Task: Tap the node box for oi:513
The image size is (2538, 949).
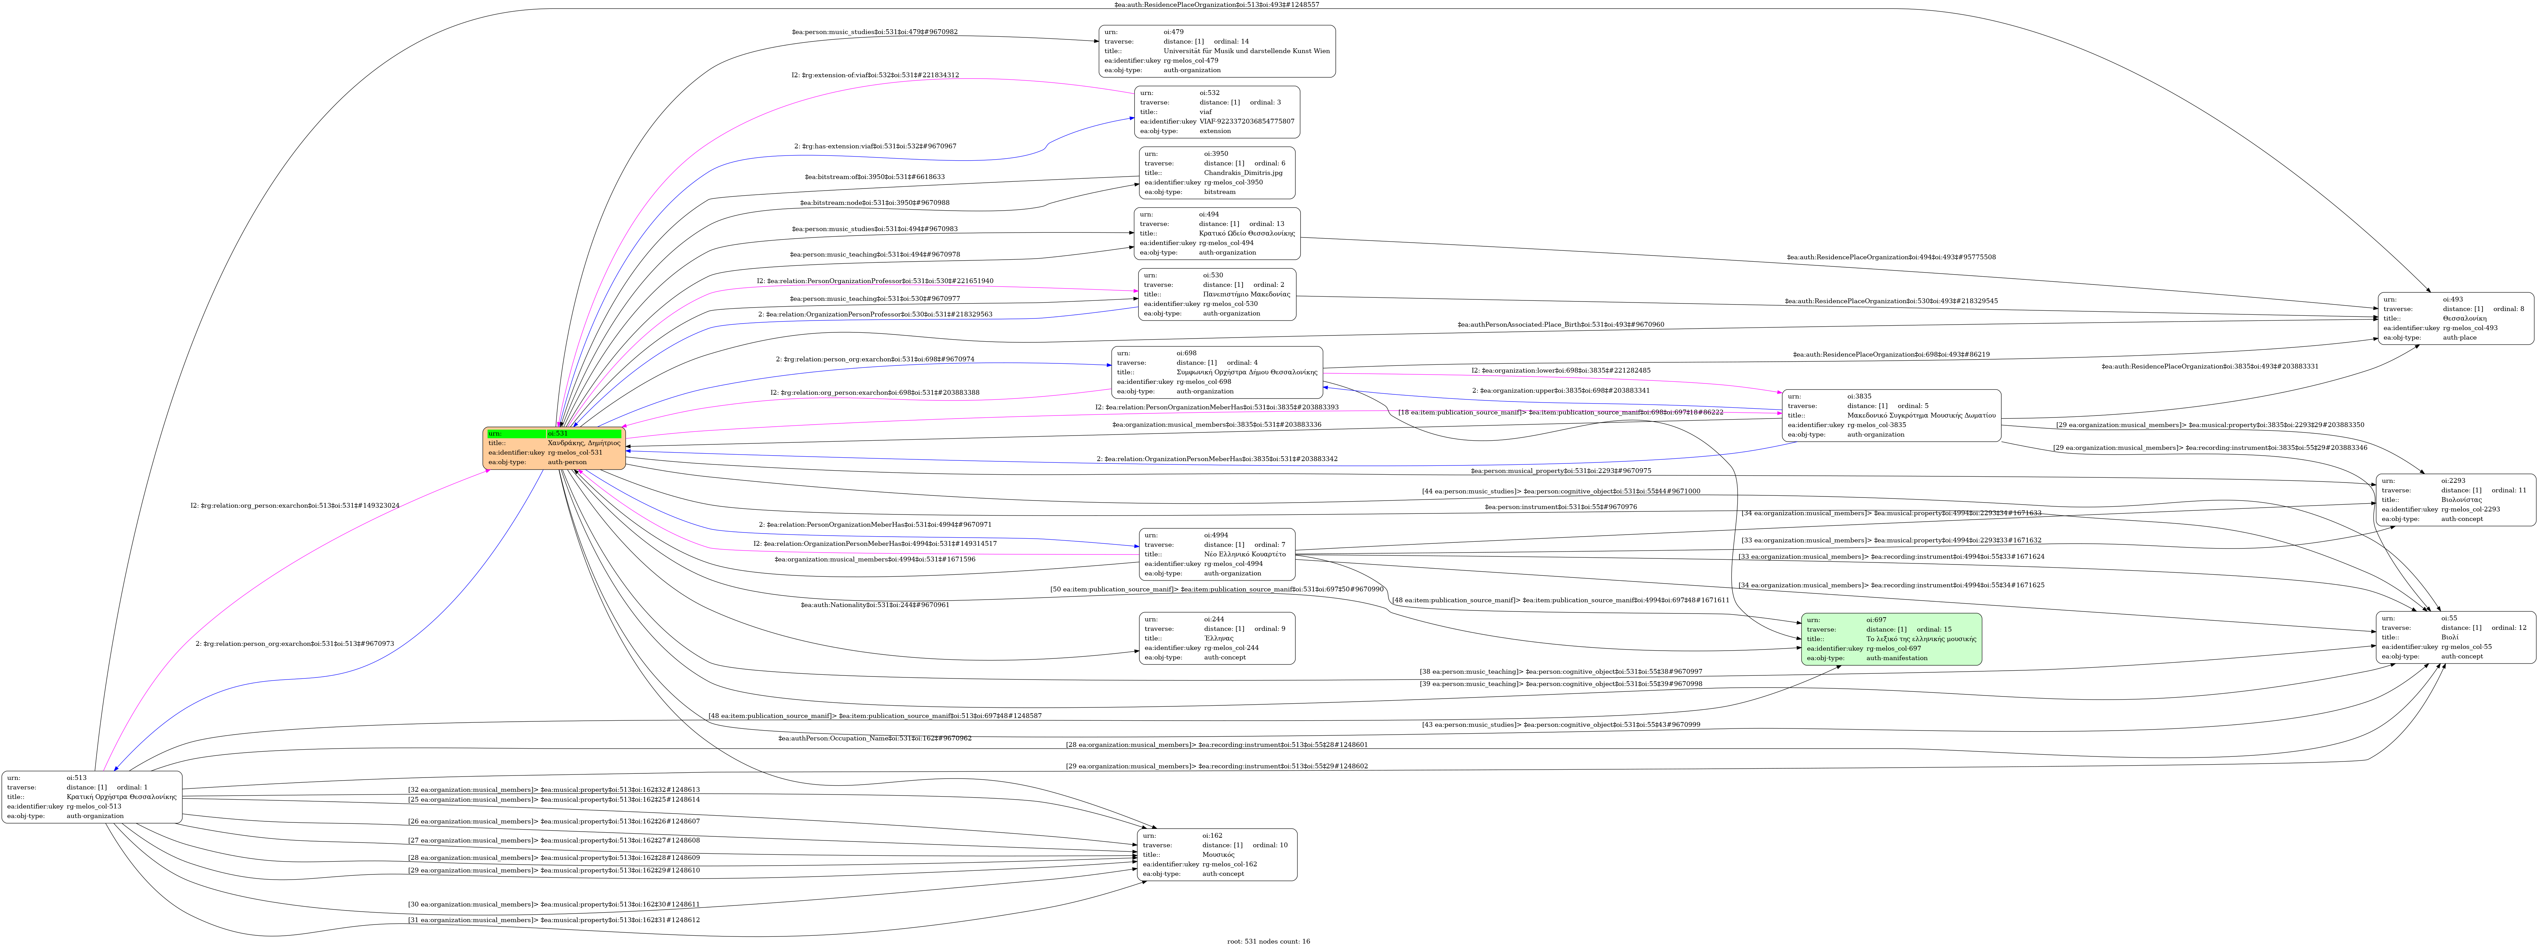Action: pos(92,796)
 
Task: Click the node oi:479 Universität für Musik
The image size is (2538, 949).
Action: pos(1217,51)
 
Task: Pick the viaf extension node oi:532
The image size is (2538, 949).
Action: pos(1217,111)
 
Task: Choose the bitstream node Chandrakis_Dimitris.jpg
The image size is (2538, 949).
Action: pos(1217,173)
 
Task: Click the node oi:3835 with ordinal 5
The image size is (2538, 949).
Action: pos(1891,415)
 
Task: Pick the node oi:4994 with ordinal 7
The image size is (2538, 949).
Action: pos(1217,554)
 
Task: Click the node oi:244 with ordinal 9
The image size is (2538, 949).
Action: pos(1217,638)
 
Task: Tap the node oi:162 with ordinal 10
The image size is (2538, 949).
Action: pos(1217,854)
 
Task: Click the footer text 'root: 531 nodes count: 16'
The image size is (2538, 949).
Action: pos(1269,941)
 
